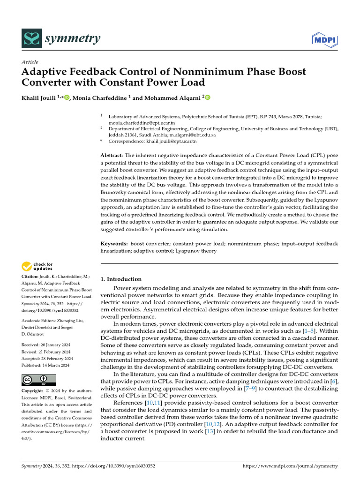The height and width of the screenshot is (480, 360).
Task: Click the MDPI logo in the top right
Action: point(325,41)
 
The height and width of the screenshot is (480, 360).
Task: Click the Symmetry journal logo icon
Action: point(31,40)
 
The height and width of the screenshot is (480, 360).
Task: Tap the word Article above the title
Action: point(30,62)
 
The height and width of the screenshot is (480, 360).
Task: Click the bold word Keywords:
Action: point(114,244)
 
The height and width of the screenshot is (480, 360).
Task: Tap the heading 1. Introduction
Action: point(121,279)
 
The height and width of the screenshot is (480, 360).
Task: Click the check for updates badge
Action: point(37,267)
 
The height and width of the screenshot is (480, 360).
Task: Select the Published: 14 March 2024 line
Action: point(46,365)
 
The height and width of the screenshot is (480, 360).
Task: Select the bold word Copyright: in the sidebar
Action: point(33,391)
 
